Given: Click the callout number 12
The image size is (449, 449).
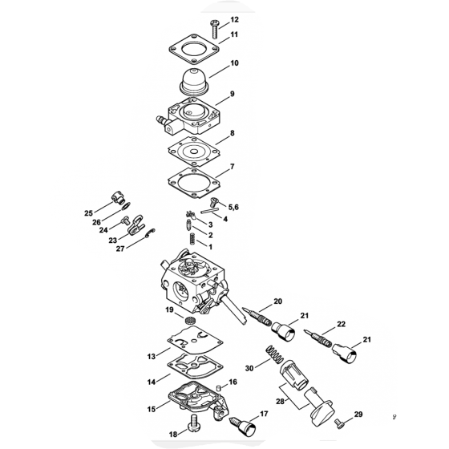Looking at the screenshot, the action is pyautogui.click(x=234, y=19).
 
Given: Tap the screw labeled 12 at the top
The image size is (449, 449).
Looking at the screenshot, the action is pyautogui.click(x=215, y=29).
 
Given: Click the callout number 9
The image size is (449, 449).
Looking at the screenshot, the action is pyautogui.click(x=232, y=94).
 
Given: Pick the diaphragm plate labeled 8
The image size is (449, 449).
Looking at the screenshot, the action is pyautogui.click(x=194, y=152).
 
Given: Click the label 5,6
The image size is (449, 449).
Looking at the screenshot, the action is pyautogui.click(x=233, y=207).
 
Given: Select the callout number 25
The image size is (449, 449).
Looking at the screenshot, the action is pyautogui.click(x=88, y=213).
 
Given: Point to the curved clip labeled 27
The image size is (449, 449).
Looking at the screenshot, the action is pyautogui.click(x=150, y=233).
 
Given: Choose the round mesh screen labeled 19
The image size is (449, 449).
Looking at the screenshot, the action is pyautogui.click(x=189, y=320).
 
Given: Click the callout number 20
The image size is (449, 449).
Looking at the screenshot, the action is pyautogui.click(x=277, y=301).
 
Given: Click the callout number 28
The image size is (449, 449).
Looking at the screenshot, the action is pyautogui.click(x=280, y=402).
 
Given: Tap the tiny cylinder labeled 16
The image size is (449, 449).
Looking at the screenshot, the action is pyautogui.click(x=220, y=388).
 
